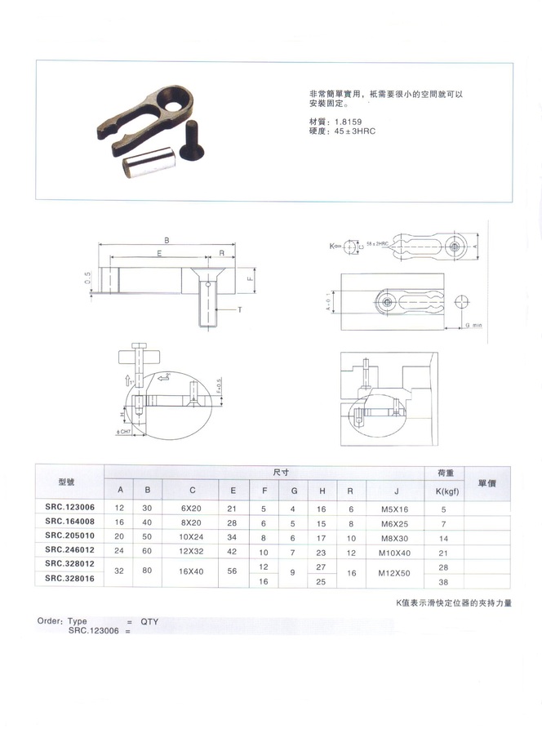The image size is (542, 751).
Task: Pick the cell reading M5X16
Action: [395, 508]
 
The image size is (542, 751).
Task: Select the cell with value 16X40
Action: [192, 572]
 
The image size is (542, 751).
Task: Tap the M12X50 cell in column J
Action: [395, 572]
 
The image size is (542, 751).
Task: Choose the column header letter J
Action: [395, 490]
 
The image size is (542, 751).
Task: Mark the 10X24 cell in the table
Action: [192, 537]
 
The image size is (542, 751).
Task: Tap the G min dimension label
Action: [474, 325]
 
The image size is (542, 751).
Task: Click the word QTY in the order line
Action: [149, 621]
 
